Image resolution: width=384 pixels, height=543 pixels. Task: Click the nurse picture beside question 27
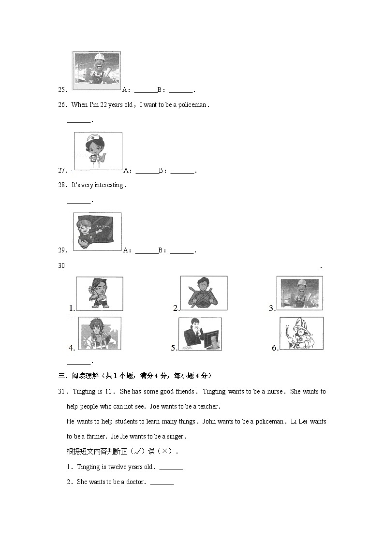click(98, 151)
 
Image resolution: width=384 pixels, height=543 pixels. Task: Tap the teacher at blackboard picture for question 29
click(97, 232)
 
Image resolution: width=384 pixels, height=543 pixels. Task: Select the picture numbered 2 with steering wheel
click(204, 293)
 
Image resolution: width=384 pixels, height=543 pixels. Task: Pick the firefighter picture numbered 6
click(301, 333)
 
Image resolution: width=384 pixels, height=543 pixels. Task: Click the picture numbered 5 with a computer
click(200, 334)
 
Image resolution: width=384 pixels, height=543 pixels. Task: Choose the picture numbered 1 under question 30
click(100, 293)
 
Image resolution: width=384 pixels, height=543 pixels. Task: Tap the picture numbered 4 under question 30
click(100, 333)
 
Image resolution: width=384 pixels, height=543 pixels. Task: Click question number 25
click(62, 90)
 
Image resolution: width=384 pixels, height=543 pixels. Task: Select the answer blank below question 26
click(78, 121)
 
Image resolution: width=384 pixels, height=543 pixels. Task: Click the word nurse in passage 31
click(273, 392)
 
